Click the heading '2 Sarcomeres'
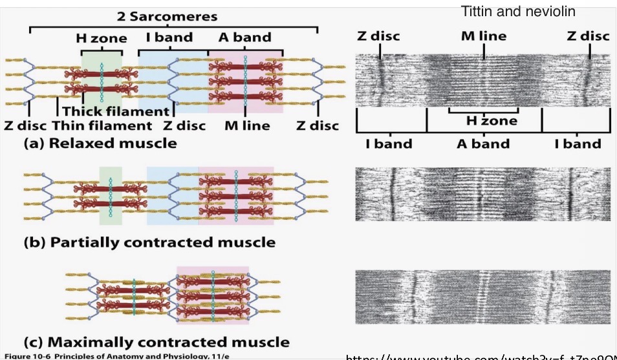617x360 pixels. pos(167,17)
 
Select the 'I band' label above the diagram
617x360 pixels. pos(169,37)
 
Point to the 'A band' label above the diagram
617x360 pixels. pos(244,37)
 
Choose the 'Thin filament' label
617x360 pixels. pos(102,125)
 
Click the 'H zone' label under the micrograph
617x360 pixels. pos(492,121)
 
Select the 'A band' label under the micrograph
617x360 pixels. pos(484,144)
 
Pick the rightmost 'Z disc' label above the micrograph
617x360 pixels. pos(588,36)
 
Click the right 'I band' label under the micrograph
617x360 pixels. pos(577,144)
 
